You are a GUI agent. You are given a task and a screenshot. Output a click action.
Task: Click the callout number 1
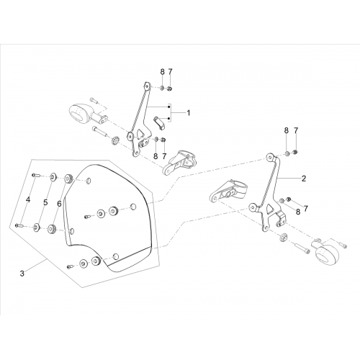click(x=189, y=113)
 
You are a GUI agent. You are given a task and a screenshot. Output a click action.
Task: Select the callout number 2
click(x=304, y=179)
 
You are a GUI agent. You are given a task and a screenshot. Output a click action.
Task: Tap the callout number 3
click(x=22, y=274)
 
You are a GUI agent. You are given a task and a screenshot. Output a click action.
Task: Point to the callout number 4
click(x=28, y=199)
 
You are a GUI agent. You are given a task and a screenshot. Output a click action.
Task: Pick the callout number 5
click(x=45, y=202)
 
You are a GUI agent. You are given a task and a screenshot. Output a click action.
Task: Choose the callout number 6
click(x=59, y=204)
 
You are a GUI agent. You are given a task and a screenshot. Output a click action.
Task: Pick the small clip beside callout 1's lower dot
click(x=159, y=122)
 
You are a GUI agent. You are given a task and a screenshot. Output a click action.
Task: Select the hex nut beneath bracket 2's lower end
click(x=283, y=236)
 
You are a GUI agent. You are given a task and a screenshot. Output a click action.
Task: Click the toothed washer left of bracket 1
click(x=115, y=140)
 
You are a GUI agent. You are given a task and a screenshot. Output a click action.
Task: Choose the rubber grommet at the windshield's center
click(x=113, y=211)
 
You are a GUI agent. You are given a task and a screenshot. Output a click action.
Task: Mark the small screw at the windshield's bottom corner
click(x=70, y=266)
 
